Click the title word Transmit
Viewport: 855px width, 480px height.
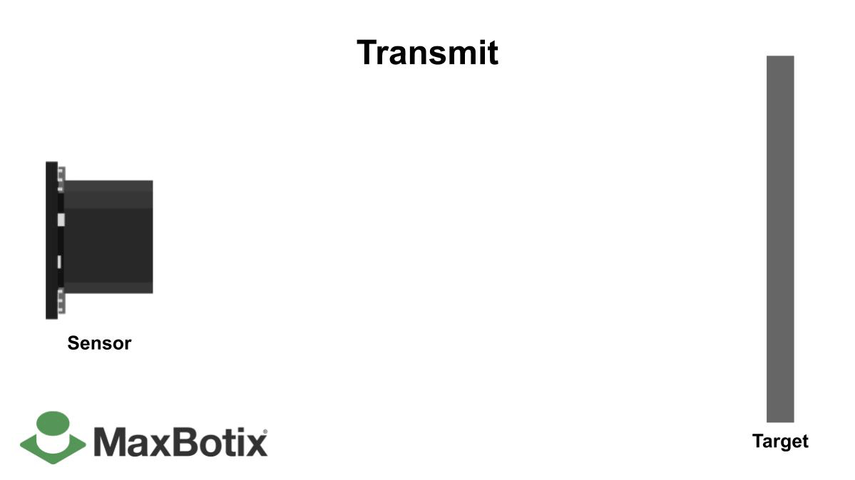pyautogui.click(x=427, y=53)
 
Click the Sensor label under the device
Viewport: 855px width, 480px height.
pyautogui.click(x=99, y=343)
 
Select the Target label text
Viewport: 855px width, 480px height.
pyautogui.click(x=780, y=442)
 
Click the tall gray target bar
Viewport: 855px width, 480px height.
pyautogui.click(x=780, y=239)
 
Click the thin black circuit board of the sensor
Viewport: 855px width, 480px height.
pyautogui.click(x=51, y=240)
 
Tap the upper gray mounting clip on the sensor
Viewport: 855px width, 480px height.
pyautogui.click(x=61, y=178)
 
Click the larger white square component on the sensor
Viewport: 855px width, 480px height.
pyautogui.click(x=61, y=219)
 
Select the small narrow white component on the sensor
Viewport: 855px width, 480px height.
pyautogui.click(x=59, y=261)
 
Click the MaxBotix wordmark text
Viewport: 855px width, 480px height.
pyautogui.click(x=180, y=442)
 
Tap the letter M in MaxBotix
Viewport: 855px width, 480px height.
pyautogui.click(x=111, y=442)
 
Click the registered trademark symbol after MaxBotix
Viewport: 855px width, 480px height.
pyautogui.click(x=265, y=432)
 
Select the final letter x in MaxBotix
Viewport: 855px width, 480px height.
pyautogui.click(x=255, y=444)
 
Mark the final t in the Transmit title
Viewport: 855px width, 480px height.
pyautogui.click(x=491, y=53)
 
